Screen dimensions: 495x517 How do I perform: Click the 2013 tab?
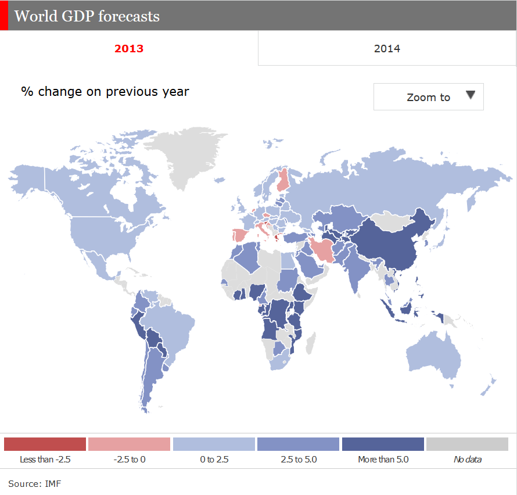[x=129, y=48]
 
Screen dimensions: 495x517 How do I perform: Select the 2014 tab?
[x=387, y=48]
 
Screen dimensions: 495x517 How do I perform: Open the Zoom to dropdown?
[x=428, y=97]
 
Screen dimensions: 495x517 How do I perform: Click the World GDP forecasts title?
[x=87, y=16]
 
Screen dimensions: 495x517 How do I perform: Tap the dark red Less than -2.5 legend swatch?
[x=45, y=444]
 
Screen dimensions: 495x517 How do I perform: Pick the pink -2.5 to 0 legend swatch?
[x=130, y=444]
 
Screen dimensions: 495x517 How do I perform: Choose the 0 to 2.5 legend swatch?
[x=214, y=444]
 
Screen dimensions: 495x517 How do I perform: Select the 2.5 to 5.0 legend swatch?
[x=298, y=444]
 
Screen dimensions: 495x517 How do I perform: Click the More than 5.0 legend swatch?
[x=383, y=444]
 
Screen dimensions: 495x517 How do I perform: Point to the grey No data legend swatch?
[x=467, y=444]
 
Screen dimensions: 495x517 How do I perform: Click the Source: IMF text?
[x=34, y=483]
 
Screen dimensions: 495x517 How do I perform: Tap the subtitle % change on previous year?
[x=105, y=92]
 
